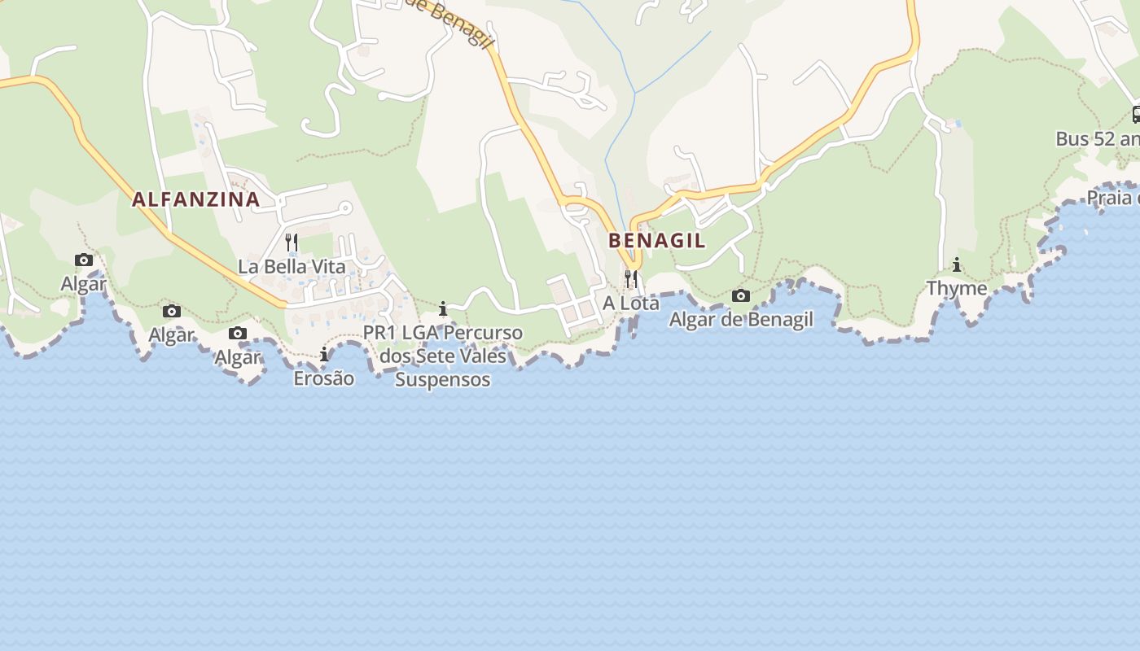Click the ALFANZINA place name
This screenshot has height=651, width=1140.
(x=195, y=199)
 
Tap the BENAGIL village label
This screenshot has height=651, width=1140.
(x=656, y=241)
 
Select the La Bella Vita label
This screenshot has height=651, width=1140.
(x=292, y=266)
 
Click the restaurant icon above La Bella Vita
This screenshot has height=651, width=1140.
(x=292, y=242)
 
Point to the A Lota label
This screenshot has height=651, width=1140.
(x=631, y=303)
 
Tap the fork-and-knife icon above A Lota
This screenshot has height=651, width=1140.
(x=630, y=278)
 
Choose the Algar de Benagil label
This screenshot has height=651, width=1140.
(x=741, y=320)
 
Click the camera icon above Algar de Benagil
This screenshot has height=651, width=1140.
(x=741, y=295)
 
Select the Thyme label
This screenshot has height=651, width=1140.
(x=957, y=288)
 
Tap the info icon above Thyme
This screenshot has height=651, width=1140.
(x=957, y=264)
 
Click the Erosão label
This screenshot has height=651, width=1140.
(x=324, y=378)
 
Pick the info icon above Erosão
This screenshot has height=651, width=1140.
(x=324, y=354)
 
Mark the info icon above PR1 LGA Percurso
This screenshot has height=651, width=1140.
(x=443, y=308)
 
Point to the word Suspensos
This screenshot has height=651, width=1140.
(x=443, y=379)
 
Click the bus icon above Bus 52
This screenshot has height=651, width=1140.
(x=1137, y=115)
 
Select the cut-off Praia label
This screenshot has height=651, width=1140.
(x=1112, y=198)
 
